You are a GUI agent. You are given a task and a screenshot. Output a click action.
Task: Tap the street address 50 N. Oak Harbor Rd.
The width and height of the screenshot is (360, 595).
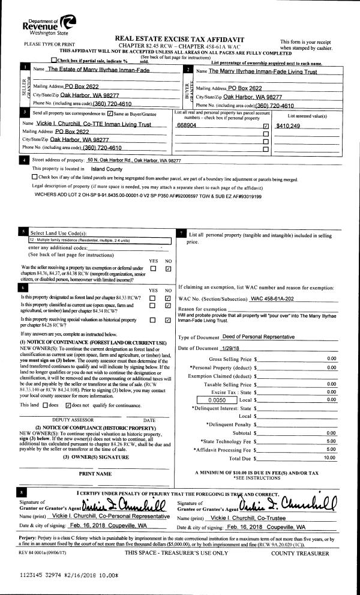click(x=133, y=160)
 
